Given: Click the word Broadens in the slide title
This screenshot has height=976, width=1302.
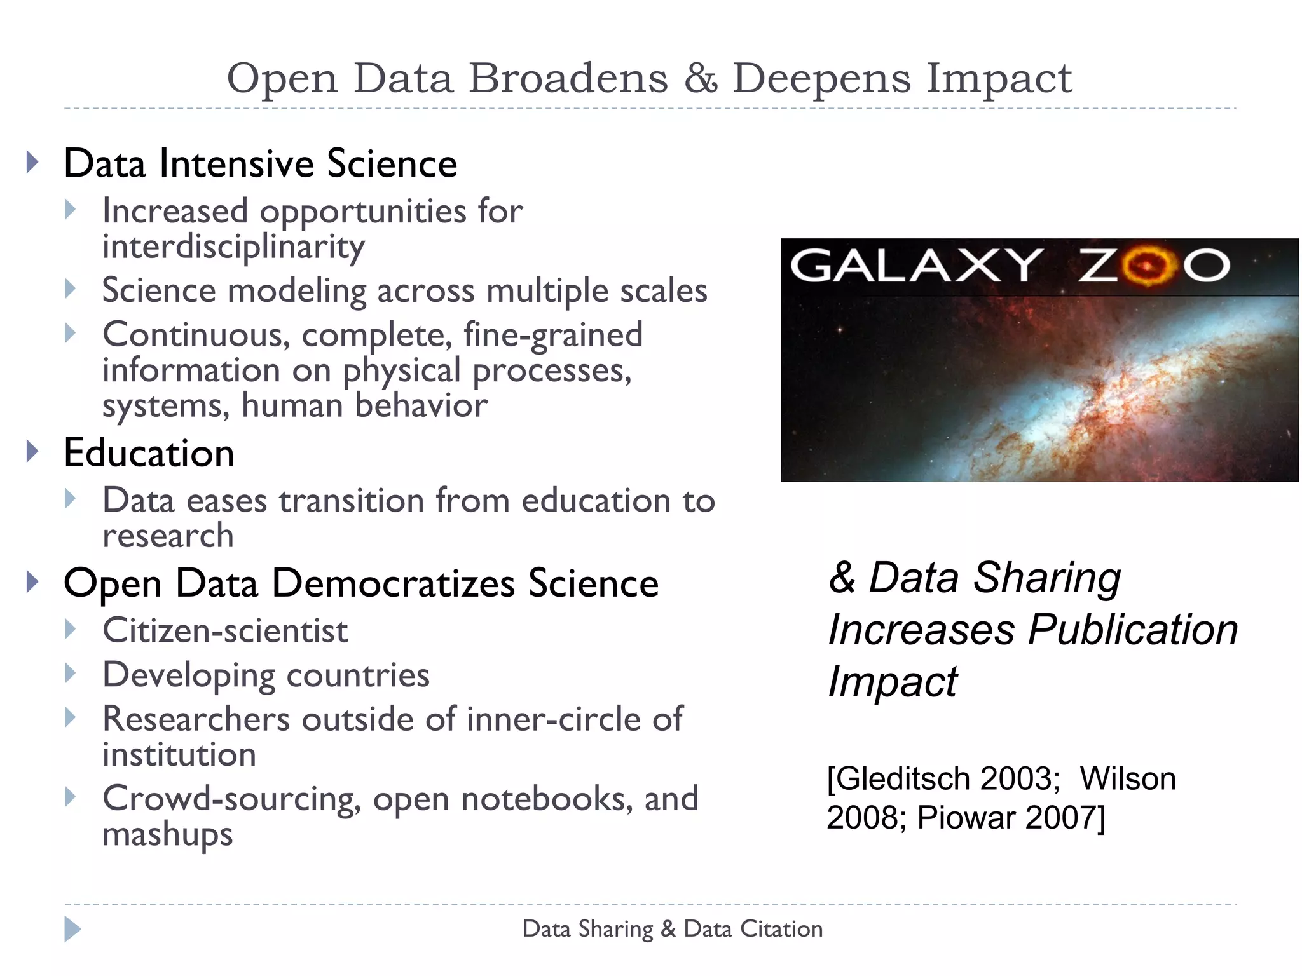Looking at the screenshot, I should (568, 79).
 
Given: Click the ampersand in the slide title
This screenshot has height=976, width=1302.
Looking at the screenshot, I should (701, 79).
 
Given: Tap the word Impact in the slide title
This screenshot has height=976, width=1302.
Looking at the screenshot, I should (999, 79).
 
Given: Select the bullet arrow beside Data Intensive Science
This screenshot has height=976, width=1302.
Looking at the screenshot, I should (32, 163).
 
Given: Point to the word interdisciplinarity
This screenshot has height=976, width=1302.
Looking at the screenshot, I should (233, 247).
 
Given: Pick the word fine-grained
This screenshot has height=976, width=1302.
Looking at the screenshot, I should (553, 335).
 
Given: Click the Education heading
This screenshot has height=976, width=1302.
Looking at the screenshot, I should (149, 453).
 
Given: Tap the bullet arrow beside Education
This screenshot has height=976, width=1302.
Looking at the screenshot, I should (32, 452).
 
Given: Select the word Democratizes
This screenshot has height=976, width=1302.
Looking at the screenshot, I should (394, 583).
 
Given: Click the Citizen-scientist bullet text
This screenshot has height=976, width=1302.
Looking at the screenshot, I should (225, 631).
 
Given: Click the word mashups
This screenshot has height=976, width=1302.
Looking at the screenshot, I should (168, 834).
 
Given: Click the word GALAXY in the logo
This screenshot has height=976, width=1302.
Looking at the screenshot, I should (915, 265).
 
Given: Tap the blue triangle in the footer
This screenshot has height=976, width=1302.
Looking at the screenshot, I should (72, 929).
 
